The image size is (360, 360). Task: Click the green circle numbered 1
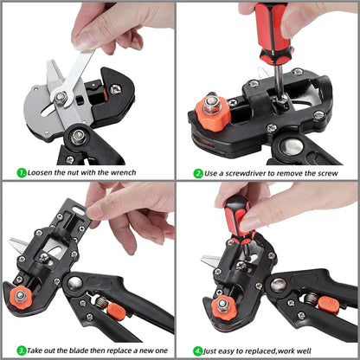pos(21,173)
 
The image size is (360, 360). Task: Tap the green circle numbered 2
pos(198,173)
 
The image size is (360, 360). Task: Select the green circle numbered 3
pos(21,351)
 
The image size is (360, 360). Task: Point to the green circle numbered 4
pos(198,351)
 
